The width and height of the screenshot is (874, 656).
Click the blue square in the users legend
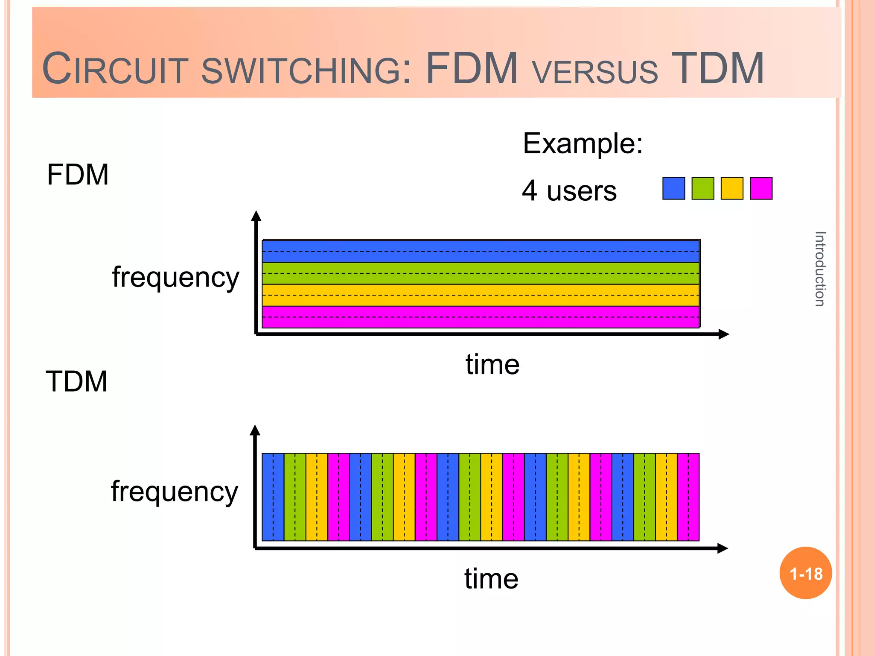[x=673, y=188]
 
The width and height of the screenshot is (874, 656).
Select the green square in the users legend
[x=702, y=188]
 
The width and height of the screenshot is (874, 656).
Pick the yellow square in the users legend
[x=732, y=188]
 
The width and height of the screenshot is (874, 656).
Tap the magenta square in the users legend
[x=761, y=188]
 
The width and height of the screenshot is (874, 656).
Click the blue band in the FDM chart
[x=481, y=251]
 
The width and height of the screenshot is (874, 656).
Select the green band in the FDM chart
[x=481, y=273]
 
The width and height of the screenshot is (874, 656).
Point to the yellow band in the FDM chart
[x=481, y=295]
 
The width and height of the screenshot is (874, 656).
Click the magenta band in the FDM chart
[x=481, y=317]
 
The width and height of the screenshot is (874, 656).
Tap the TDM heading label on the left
[x=76, y=381]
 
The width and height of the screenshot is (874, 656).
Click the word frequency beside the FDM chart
[x=175, y=278]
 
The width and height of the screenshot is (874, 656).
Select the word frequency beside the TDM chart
[x=174, y=492]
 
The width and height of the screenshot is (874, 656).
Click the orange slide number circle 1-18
[x=806, y=573]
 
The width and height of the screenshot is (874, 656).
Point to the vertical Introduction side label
[x=820, y=269]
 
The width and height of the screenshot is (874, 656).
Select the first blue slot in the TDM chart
[x=273, y=497]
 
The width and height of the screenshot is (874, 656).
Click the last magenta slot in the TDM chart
[x=688, y=497]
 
